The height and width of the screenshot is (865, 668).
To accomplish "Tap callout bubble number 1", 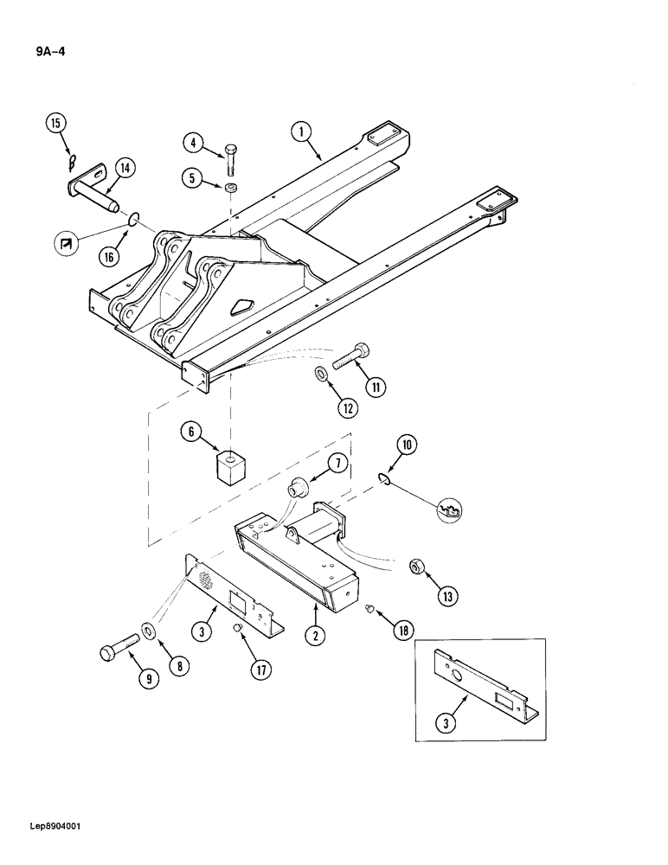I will pyautogui.click(x=300, y=132).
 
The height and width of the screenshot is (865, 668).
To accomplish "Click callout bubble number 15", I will pyautogui.click(x=56, y=124).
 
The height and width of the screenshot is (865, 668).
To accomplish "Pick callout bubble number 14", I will pyautogui.click(x=123, y=169).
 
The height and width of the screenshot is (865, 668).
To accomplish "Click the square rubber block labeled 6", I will pyautogui.click(x=230, y=468).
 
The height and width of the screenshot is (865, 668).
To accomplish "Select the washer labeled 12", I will pyautogui.click(x=321, y=374).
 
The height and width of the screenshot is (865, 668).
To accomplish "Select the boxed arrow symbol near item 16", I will pyautogui.click(x=65, y=247).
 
